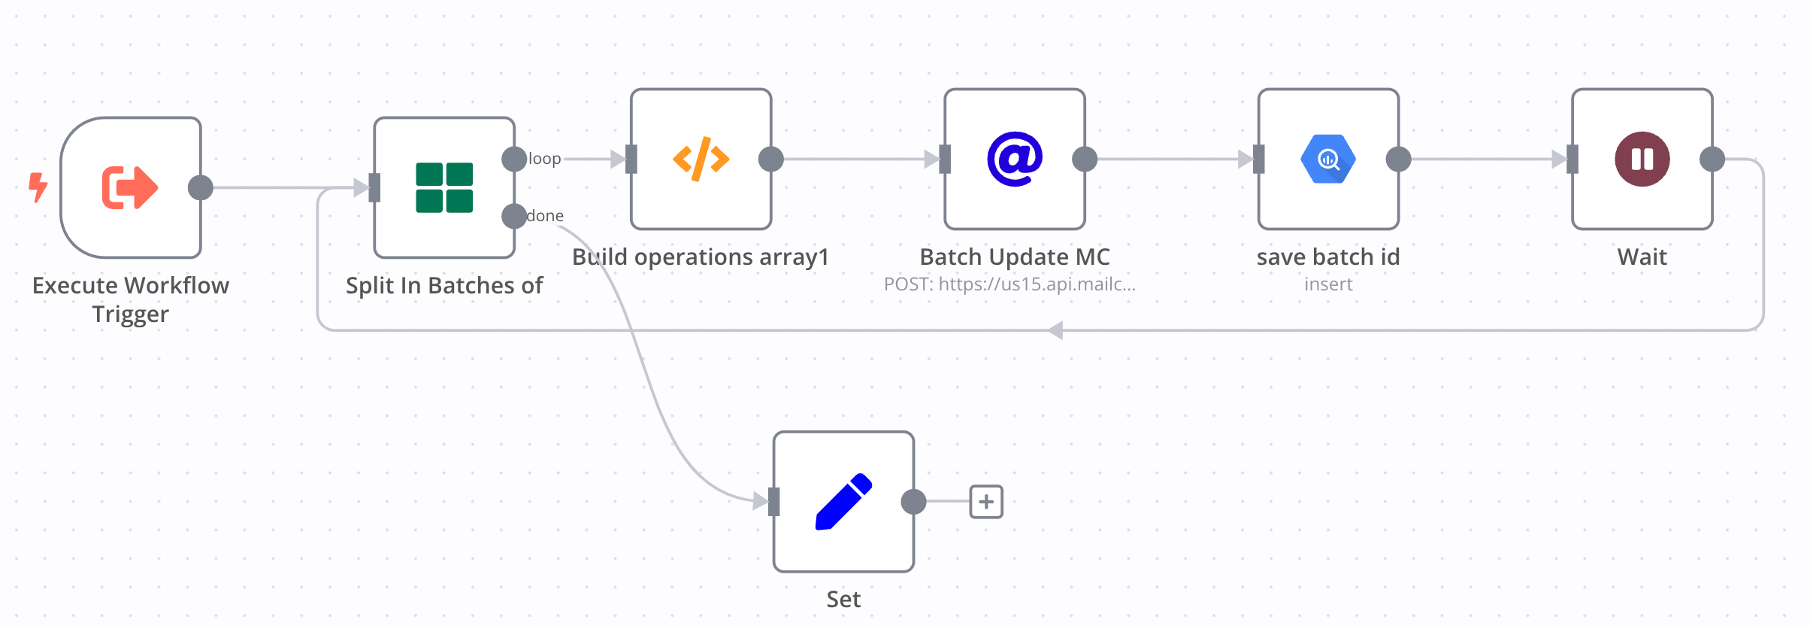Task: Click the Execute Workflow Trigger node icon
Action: point(130,187)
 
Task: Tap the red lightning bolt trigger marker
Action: point(38,187)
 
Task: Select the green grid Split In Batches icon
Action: point(444,187)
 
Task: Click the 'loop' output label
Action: point(545,159)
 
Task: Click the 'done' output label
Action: point(545,216)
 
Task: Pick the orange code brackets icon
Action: point(701,159)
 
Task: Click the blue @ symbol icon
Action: point(1015,159)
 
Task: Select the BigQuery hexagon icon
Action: point(1328,159)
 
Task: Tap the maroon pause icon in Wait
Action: point(1642,159)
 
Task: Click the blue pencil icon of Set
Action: point(843,502)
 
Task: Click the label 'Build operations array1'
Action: point(701,257)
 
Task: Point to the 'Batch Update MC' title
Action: point(1015,257)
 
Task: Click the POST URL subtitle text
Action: point(1009,284)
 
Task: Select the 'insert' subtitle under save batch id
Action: point(1328,284)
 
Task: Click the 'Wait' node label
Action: point(1642,257)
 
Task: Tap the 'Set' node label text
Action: point(843,600)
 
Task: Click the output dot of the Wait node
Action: point(1712,159)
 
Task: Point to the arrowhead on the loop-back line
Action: point(1056,330)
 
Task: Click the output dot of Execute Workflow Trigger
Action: point(201,187)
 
